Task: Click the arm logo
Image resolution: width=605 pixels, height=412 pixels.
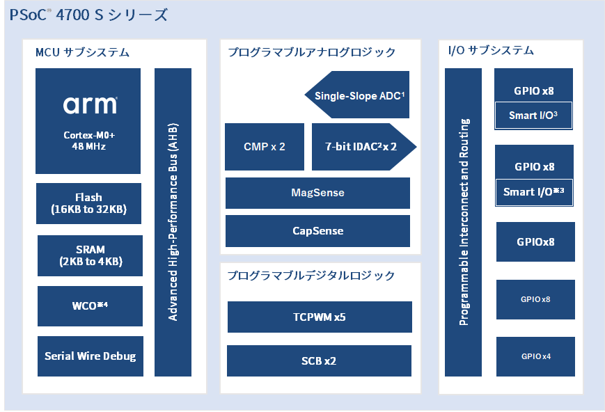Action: pyautogui.click(x=91, y=105)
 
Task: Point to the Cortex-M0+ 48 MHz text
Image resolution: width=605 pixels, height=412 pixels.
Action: pyautogui.click(x=89, y=141)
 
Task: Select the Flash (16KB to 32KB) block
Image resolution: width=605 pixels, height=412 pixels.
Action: pyautogui.click(x=88, y=203)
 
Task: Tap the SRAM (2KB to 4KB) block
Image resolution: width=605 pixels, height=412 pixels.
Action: pyautogui.click(x=90, y=255)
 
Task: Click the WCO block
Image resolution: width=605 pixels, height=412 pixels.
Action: pyautogui.click(x=90, y=306)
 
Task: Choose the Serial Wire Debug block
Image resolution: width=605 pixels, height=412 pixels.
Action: pyautogui.click(x=91, y=356)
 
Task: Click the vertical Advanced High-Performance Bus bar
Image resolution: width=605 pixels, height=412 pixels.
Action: pyautogui.click(x=173, y=222)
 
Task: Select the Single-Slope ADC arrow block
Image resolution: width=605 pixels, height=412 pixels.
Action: pyautogui.click(x=357, y=95)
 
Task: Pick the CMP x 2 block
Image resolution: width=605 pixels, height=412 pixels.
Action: pyautogui.click(x=265, y=147)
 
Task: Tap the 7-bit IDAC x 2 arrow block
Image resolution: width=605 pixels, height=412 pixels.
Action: pyautogui.click(x=364, y=147)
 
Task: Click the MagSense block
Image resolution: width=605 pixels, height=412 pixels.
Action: pyautogui.click(x=317, y=193)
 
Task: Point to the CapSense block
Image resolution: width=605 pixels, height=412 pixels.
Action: pyautogui.click(x=317, y=230)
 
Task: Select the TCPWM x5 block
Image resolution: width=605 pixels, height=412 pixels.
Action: pyautogui.click(x=320, y=317)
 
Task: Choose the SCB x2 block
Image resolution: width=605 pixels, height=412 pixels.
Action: pyautogui.click(x=319, y=360)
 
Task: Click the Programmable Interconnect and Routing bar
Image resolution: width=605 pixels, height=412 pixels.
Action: pyautogui.click(x=463, y=222)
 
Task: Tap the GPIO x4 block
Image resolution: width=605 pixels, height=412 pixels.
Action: pyautogui.click(x=535, y=356)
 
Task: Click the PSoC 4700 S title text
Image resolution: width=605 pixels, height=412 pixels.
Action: pyautogui.click(x=88, y=15)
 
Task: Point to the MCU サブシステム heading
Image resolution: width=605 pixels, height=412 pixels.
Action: pyautogui.click(x=82, y=52)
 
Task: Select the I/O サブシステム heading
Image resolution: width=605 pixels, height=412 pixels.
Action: pyautogui.click(x=491, y=51)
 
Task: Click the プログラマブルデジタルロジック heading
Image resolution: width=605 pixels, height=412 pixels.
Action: pyautogui.click(x=311, y=276)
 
